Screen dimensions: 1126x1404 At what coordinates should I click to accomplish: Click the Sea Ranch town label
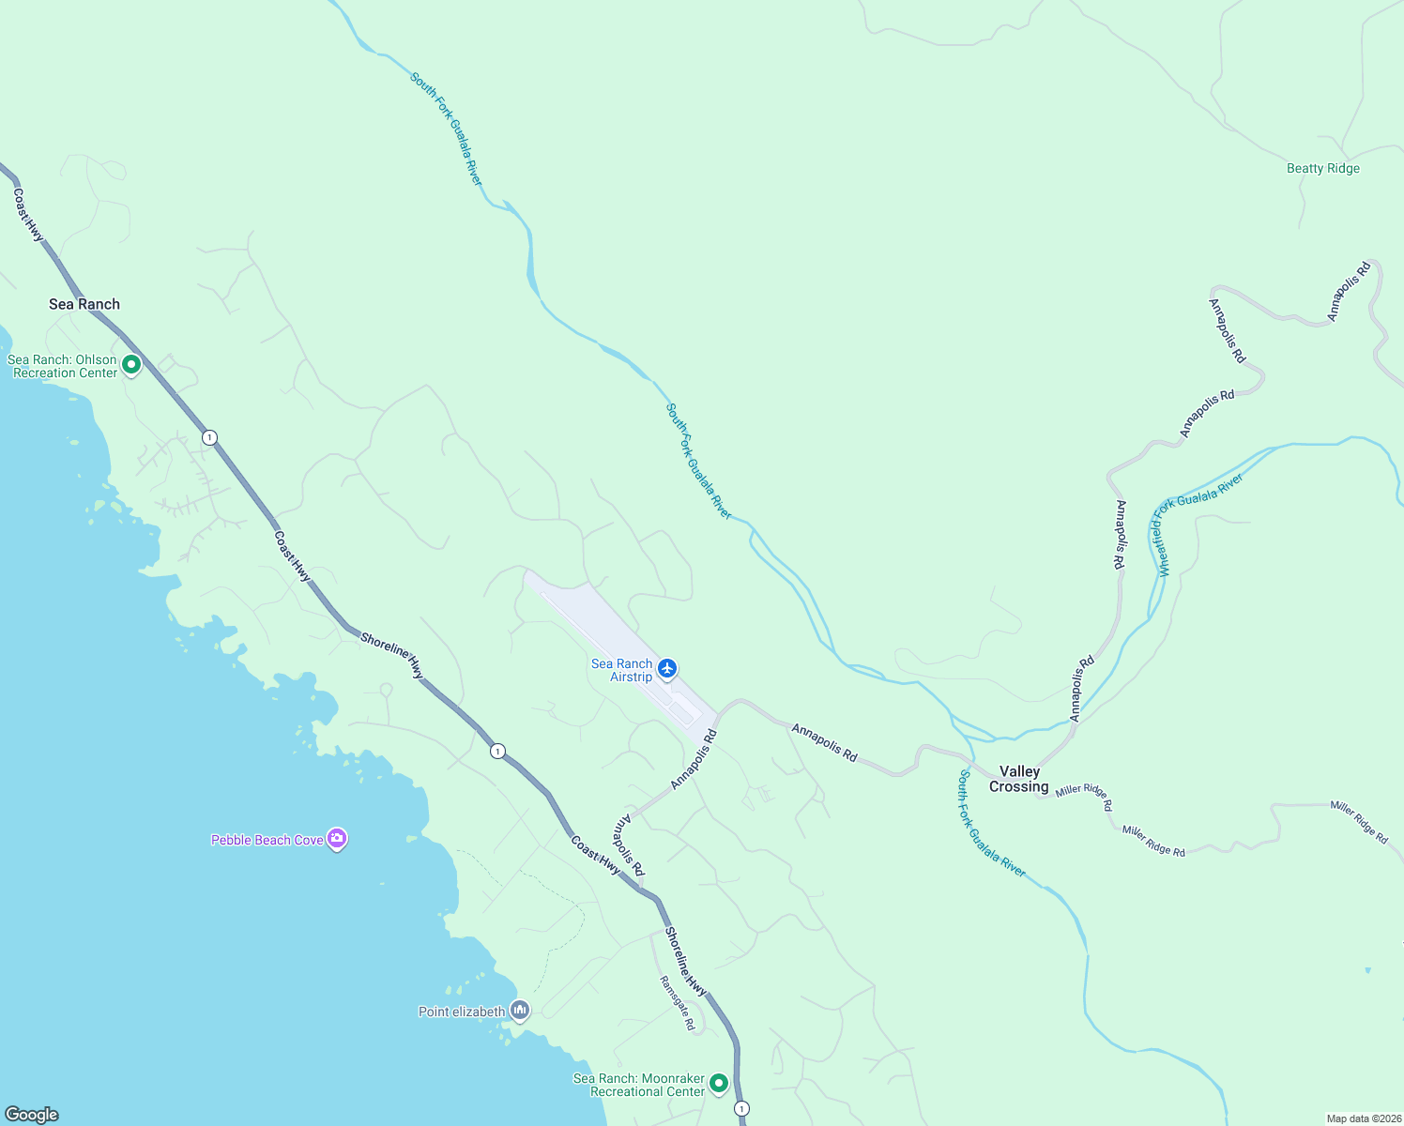pyautogui.click(x=84, y=304)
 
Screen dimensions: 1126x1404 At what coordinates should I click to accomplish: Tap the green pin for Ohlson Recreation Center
pyautogui.click(x=131, y=364)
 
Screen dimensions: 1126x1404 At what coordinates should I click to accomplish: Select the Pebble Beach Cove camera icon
pyautogui.click(x=337, y=839)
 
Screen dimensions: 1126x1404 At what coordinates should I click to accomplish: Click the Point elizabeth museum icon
pyautogui.click(x=520, y=1011)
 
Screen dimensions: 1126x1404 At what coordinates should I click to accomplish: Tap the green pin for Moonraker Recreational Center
pyautogui.click(x=719, y=1084)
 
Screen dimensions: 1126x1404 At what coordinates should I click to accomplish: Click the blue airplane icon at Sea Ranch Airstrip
pyautogui.click(x=667, y=668)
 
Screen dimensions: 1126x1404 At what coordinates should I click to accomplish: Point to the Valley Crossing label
pyautogui.click(x=1019, y=779)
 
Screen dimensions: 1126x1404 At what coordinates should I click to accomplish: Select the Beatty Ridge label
pyautogui.click(x=1322, y=169)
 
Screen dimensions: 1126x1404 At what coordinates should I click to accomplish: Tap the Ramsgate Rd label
pyautogui.click(x=677, y=1003)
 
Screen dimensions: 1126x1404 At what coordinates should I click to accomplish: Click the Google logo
pyautogui.click(x=32, y=1115)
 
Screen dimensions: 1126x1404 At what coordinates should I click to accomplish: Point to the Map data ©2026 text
pyautogui.click(x=1363, y=1118)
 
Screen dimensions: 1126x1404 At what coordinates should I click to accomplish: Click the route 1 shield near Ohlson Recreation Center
pyautogui.click(x=209, y=437)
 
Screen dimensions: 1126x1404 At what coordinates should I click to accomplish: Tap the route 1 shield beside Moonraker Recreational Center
pyautogui.click(x=742, y=1109)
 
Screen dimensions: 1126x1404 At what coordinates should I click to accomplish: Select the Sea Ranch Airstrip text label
pyautogui.click(x=622, y=670)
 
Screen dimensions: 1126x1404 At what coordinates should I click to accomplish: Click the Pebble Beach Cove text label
pyautogui.click(x=267, y=840)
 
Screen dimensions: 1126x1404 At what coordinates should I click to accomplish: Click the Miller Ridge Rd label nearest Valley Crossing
pyautogui.click(x=1084, y=797)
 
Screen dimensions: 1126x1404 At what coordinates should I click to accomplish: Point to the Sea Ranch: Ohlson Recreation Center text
pyautogui.click(x=63, y=366)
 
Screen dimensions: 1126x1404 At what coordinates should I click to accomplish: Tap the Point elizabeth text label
pyautogui.click(x=462, y=1012)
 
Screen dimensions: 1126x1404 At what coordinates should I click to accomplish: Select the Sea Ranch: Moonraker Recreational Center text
pyautogui.click(x=639, y=1085)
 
